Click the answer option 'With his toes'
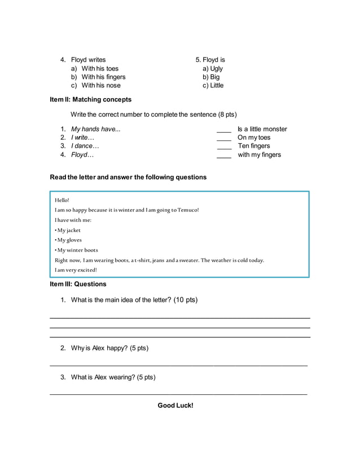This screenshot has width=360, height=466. click(x=99, y=68)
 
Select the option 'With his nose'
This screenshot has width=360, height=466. click(x=100, y=85)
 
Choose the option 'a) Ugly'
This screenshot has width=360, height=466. click(x=213, y=68)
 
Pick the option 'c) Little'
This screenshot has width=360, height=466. click(x=213, y=85)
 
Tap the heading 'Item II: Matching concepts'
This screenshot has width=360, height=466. click(x=90, y=99)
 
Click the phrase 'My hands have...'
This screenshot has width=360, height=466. click(x=95, y=129)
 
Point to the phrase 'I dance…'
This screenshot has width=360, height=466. click(x=85, y=146)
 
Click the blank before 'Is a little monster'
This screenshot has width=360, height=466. click(x=224, y=130)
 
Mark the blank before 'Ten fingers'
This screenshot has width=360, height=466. click(x=224, y=147)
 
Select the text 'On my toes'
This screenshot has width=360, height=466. click(x=254, y=137)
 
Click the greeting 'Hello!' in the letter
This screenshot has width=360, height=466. click(x=62, y=200)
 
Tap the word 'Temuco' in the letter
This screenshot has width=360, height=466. click(x=187, y=210)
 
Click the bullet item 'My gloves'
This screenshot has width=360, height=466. click(x=69, y=240)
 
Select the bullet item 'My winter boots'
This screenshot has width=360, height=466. click(x=77, y=250)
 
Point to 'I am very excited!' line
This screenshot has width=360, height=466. click(x=76, y=270)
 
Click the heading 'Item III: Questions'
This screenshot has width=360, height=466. click(x=78, y=284)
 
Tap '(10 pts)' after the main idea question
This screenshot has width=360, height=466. click(x=186, y=300)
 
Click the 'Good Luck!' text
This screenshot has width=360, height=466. click(x=175, y=405)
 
